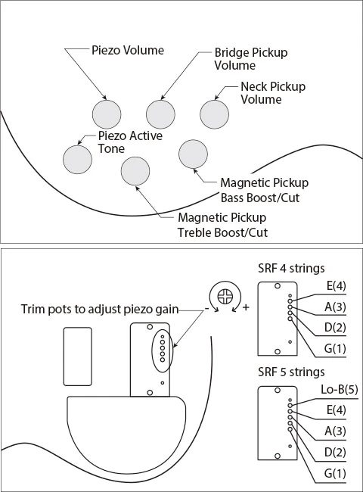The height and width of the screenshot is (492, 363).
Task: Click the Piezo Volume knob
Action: pos(107,114)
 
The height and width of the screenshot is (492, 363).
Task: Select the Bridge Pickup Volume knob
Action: pos(160,114)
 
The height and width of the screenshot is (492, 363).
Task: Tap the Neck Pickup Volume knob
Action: pos(215,114)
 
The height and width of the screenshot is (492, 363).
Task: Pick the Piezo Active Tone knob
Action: pos(77,160)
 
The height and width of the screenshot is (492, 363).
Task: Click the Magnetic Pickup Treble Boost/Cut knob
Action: pos(135,171)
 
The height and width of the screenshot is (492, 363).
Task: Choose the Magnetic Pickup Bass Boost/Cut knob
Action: pos(193,154)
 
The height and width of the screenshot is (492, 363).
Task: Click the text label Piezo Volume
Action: pos(128,50)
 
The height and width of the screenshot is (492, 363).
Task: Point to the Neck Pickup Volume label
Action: pos(273,93)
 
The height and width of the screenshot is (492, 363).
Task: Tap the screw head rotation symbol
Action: pos(225,296)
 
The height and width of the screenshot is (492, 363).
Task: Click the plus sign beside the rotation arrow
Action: pos(246,307)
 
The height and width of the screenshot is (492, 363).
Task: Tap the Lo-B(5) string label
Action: pos(339,389)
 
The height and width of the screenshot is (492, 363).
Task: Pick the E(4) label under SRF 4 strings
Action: pos(336,286)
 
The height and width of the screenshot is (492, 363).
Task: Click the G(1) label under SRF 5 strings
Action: pos(335,473)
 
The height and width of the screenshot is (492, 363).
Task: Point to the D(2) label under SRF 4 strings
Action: pos(335,328)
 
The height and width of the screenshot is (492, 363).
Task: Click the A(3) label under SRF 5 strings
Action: pos(335,431)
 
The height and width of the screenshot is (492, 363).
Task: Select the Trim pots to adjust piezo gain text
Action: pos(100,310)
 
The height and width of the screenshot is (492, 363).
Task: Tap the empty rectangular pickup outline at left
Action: pos(78,357)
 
